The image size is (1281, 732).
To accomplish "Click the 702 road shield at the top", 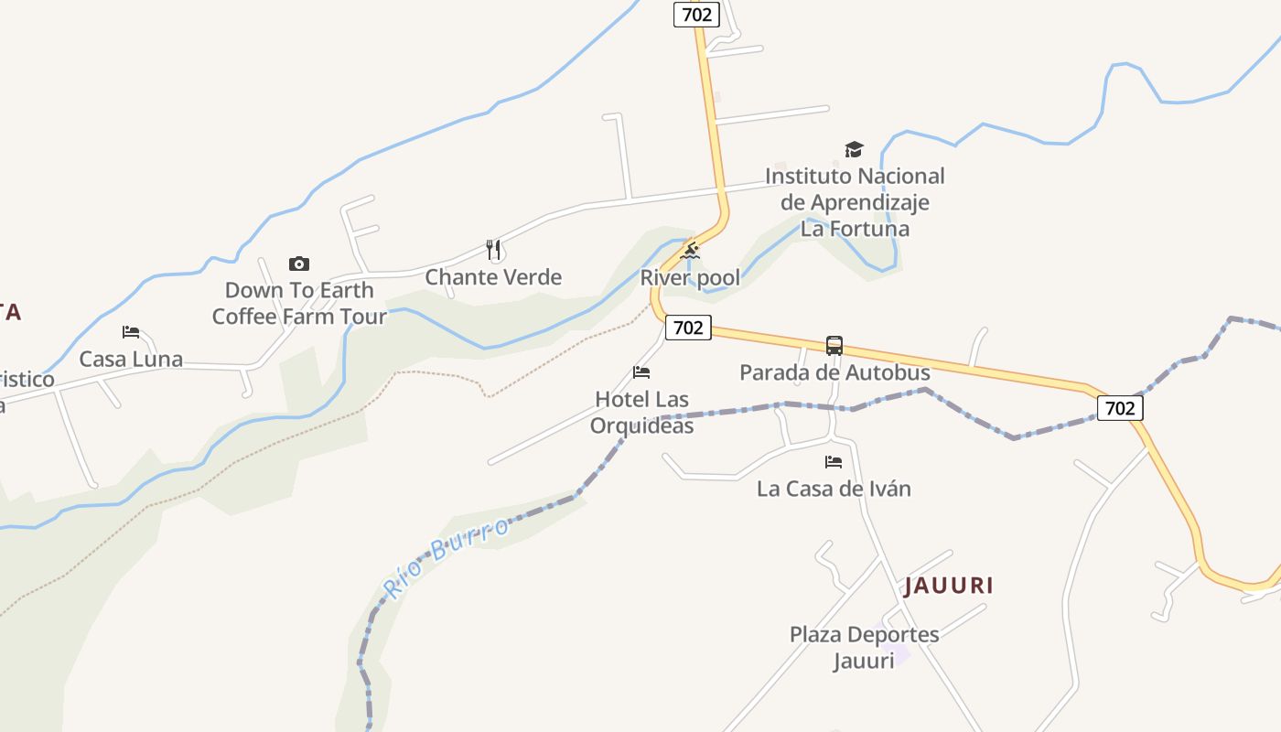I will click(696, 14).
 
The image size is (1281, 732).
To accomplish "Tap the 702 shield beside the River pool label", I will click(687, 328).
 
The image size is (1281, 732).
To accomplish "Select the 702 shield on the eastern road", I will click(1119, 408).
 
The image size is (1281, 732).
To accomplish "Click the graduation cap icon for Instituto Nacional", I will click(854, 149).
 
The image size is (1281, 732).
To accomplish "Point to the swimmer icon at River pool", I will click(691, 250).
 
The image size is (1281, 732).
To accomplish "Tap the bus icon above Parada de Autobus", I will click(834, 346).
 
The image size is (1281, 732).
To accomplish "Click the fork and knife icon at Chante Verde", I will click(493, 249).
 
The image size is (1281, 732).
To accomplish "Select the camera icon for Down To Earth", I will click(299, 264).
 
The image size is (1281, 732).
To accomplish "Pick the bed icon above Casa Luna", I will click(131, 331).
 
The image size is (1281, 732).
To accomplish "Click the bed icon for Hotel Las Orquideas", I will click(641, 372).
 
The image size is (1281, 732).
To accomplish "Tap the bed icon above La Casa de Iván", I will click(834, 462).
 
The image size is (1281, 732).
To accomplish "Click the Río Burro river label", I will click(446, 557).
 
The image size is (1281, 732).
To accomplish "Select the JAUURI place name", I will click(949, 586).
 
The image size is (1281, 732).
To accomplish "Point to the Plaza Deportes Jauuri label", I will click(864, 647).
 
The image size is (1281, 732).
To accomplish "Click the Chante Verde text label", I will click(493, 277).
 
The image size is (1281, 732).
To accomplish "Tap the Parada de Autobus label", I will click(834, 372).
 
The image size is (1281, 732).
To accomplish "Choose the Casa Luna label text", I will click(131, 359).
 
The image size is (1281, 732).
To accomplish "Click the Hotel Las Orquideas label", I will click(641, 413).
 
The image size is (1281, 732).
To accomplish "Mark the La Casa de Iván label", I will click(834, 489).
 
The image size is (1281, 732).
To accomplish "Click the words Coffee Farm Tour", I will click(299, 317).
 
